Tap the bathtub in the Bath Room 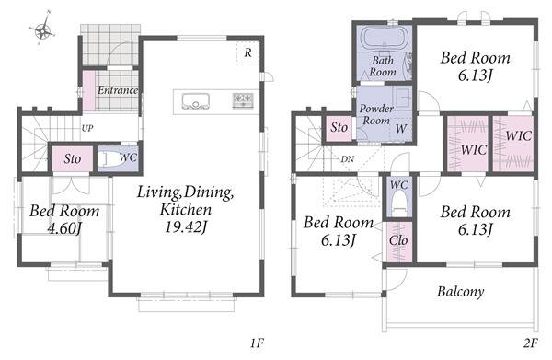point(385,38)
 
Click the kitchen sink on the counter point(195,101)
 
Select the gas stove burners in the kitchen point(243,100)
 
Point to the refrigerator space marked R point(247,52)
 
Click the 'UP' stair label point(87,128)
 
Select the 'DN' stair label point(347,159)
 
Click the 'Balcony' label point(461,292)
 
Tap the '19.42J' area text point(186,227)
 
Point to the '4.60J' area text point(64,229)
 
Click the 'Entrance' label point(118,90)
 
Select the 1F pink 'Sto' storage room point(73,159)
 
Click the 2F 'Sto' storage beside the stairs point(339,127)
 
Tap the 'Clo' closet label point(398,240)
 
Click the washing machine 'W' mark point(401,129)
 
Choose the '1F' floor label point(257,343)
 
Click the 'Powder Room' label point(376,114)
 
